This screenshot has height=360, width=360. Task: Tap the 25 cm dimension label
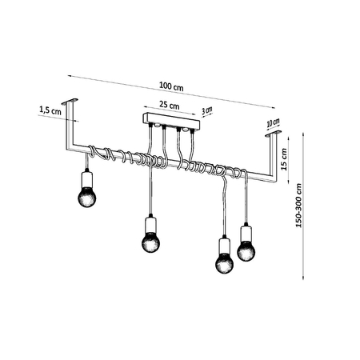[168, 105]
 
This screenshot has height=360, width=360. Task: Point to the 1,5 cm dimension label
[49, 112]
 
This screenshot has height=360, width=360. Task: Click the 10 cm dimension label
[274, 123]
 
